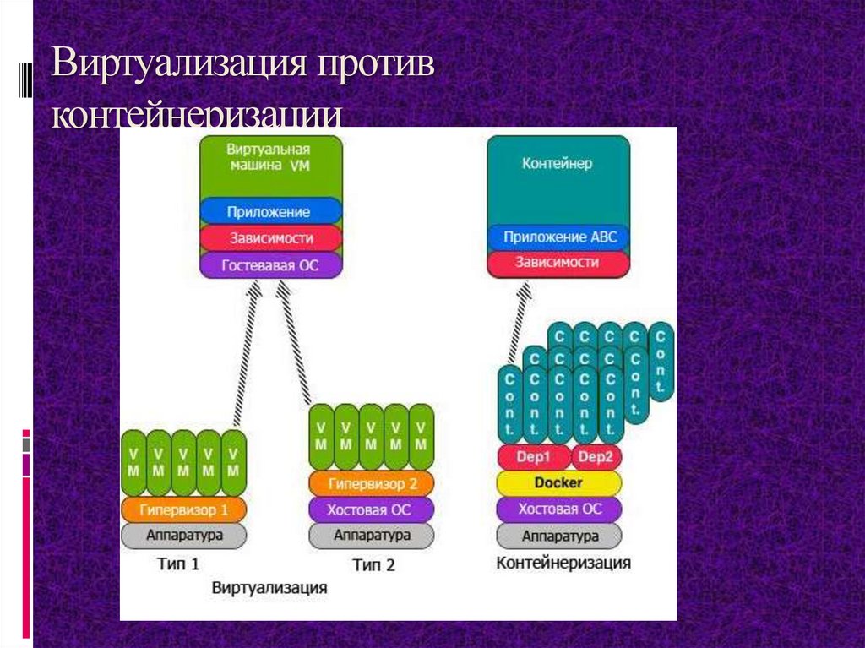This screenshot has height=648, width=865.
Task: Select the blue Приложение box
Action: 270,212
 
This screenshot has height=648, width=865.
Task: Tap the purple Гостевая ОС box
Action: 270,265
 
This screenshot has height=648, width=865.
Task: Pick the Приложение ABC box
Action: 558,237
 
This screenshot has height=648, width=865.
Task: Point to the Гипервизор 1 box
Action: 184,509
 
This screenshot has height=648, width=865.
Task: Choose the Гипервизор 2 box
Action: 372,484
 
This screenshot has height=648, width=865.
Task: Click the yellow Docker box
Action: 558,483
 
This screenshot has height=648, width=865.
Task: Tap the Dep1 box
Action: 533,458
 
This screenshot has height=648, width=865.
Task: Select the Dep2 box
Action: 596,458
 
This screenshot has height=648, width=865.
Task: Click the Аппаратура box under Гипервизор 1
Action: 184,535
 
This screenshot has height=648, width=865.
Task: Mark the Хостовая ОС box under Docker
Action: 558,509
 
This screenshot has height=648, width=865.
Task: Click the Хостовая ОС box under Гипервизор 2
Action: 372,509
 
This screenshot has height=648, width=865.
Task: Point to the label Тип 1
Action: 178,563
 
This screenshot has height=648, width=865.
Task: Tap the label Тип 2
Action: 373,565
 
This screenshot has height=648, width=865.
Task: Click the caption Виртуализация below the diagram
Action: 269,586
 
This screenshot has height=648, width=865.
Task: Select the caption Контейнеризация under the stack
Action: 563,563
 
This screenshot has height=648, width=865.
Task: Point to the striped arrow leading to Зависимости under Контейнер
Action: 517,325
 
